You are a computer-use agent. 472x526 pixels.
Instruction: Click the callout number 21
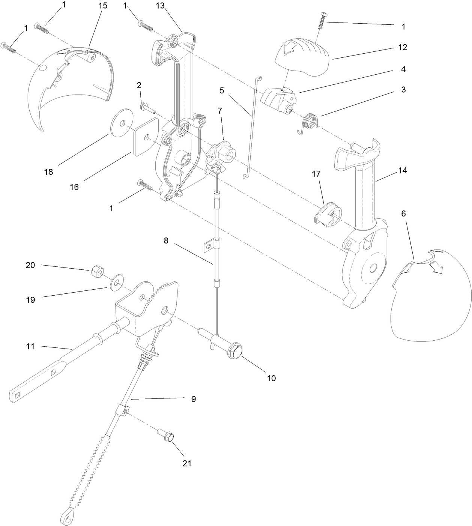187,463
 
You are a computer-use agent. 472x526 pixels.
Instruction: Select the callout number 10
271,378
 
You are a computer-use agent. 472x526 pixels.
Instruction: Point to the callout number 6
403,213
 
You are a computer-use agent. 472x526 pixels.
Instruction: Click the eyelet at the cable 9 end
66,519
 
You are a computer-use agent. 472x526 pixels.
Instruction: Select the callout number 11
30,346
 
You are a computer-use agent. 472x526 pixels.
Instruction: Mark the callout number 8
166,240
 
